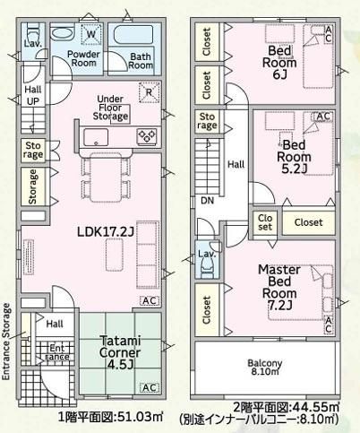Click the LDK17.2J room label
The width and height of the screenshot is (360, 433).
coord(106,231)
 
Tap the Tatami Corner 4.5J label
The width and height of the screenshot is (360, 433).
coord(120,352)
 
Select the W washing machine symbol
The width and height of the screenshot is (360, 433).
coord(91,34)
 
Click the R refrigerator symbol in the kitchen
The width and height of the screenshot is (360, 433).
coord(149,92)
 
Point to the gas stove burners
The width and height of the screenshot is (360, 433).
coord(147,137)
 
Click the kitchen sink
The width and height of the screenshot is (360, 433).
coord(96,137)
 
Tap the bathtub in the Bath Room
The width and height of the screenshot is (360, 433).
coord(133,35)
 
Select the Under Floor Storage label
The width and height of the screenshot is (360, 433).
coord(110,108)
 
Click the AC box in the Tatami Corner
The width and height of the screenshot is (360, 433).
coord(150,387)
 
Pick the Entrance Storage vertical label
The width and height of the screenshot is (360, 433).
coord(6,342)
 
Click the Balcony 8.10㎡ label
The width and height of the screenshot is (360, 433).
coord(265,368)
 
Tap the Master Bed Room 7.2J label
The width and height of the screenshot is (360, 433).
coord(279,287)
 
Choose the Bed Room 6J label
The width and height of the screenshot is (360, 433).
coord(279,63)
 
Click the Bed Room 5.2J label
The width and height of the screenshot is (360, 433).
coord(294,157)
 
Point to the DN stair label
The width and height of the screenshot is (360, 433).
coord(207,200)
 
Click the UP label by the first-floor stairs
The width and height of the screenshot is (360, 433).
coord(33,101)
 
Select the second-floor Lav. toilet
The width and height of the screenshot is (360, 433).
coord(208,265)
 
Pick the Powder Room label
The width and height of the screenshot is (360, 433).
coord(83,58)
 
